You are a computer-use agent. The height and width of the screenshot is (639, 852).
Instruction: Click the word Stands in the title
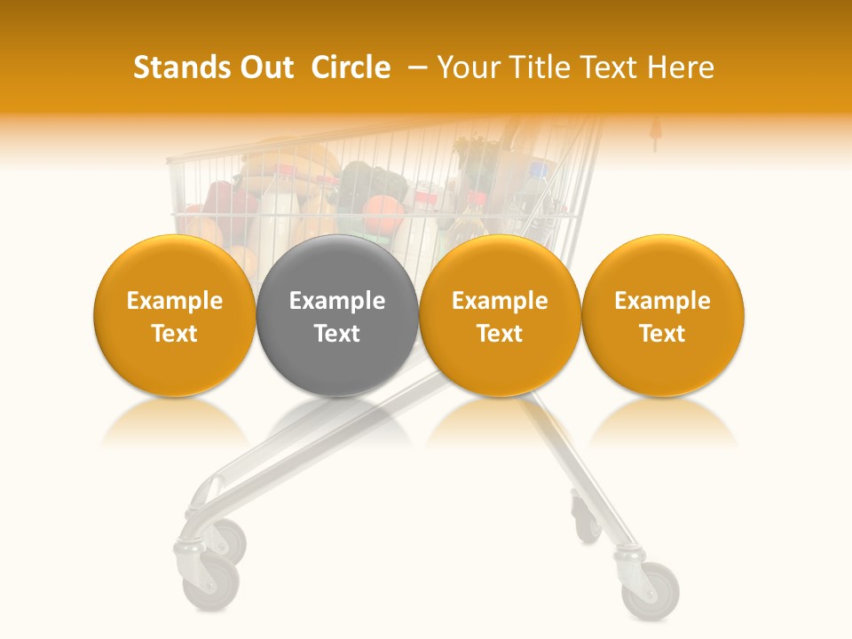pos(182,67)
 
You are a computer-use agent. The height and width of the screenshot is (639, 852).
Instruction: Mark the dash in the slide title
pos(414,67)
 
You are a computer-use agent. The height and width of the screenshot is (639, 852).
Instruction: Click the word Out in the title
pos(266,67)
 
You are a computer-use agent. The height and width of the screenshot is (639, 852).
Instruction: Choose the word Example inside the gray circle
pos(337,301)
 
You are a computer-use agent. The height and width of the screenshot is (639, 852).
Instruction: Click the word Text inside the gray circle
pos(337,334)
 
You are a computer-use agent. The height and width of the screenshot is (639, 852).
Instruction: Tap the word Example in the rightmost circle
pos(662,301)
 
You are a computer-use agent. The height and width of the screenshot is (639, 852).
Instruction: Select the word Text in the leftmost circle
pos(174,334)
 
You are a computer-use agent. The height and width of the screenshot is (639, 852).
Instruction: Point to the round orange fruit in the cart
pos(383,215)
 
